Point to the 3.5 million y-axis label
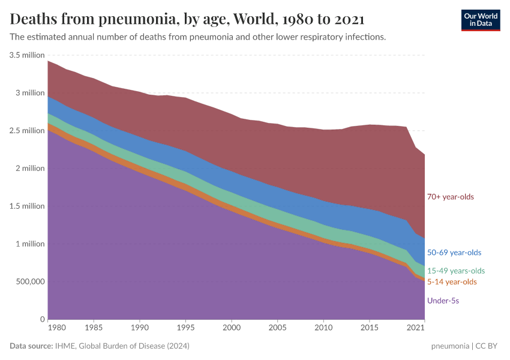click(x=27, y=55)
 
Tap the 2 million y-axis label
click(x=29, y=169)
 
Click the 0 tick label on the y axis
click(x=42, y=319)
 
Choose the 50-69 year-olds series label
click(x=454, y=253)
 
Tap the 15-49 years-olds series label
click(x=455, y=271)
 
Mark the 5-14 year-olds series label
click(x=452, y=282)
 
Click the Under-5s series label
click(x=443, y=300)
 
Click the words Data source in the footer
click(x=31, y=346)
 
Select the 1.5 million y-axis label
click(x=27, y=206)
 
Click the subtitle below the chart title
click(x=197, y=37)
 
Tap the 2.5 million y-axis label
click(x=27, y=131)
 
